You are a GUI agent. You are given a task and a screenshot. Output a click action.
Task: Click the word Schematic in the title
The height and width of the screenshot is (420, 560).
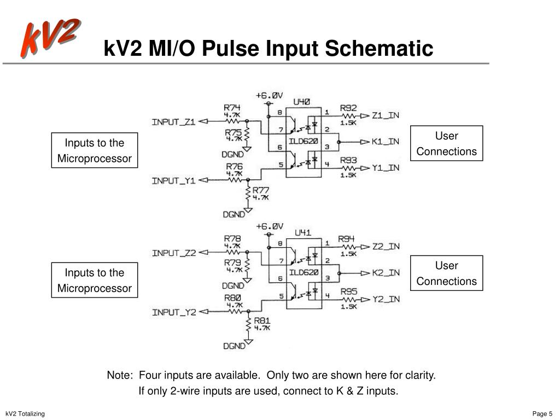tap(379, 49)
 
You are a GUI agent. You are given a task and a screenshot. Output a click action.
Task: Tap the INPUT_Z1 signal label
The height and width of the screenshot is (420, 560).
tap(173, 121)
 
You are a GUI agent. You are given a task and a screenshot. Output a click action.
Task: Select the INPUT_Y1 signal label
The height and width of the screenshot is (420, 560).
tap(173, 180)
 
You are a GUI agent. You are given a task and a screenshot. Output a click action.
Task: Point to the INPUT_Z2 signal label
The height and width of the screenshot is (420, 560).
tap(173, 253)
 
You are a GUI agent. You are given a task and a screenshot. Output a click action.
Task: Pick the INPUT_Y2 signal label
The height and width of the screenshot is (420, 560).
tap(173, 312)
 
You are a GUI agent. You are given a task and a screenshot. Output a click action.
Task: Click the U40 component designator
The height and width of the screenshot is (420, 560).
tap(302, 101)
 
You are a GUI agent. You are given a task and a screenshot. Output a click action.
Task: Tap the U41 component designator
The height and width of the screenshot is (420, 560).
tap(302, 232)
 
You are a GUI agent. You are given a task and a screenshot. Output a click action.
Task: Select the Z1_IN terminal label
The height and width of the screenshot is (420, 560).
tap(386, 115)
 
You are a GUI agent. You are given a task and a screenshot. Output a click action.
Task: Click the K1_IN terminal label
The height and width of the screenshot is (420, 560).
tap(386, 142)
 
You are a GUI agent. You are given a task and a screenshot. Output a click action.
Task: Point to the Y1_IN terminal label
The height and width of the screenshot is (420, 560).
tap(386, 167)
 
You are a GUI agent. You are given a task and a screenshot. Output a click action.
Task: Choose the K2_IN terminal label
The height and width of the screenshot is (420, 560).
tap(386, 272)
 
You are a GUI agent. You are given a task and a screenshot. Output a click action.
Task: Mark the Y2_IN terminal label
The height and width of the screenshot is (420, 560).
tap(386, 299)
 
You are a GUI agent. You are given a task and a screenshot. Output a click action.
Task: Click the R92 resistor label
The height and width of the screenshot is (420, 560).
tap(348, 108)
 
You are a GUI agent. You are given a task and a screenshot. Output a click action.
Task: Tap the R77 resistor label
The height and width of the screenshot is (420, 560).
tap(261, 190)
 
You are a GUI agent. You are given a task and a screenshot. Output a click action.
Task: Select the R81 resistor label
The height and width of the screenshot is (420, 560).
tap(261, 321)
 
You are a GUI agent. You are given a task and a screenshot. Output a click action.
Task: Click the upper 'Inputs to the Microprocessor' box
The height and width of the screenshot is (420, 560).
tap(95, 150)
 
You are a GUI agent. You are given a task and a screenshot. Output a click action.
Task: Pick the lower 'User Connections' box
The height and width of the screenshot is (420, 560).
tap(446, 273)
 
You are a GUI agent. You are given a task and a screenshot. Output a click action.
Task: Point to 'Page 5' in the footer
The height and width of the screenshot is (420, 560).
tap(542, 413)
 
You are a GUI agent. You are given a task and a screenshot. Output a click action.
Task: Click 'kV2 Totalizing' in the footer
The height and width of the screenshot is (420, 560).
tap(25, 413)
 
